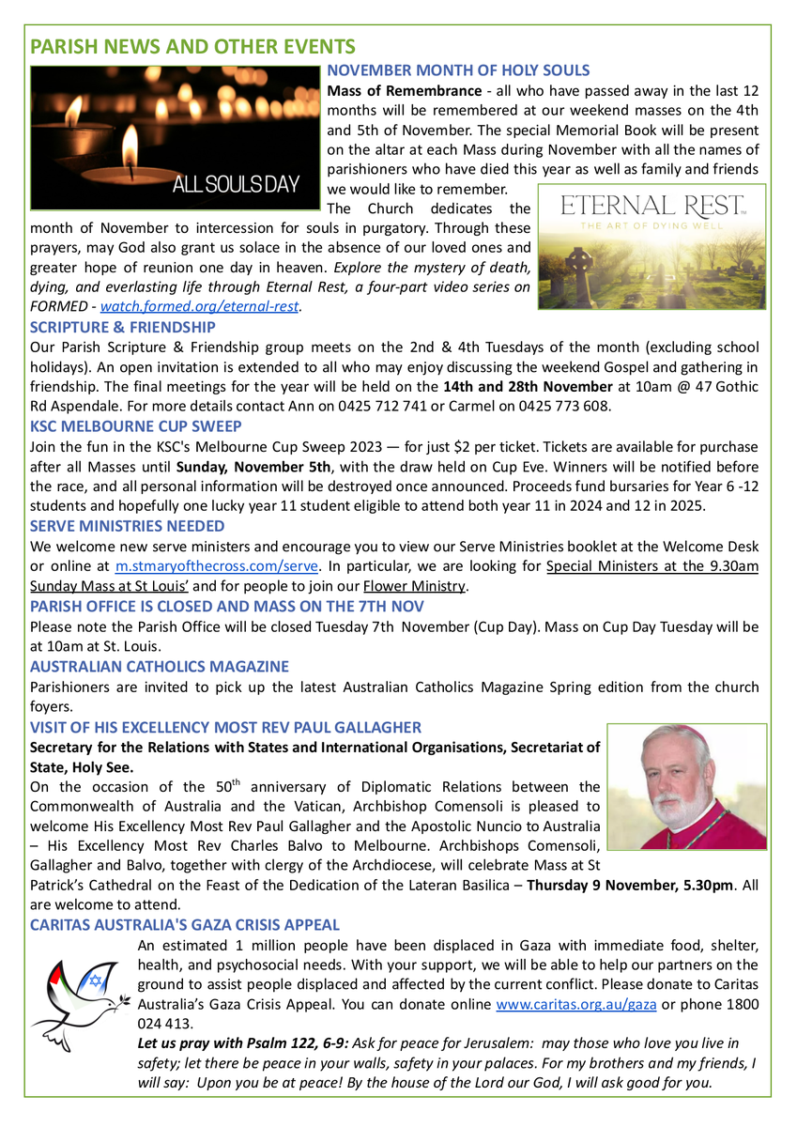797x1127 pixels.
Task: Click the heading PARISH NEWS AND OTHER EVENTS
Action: (192, 46)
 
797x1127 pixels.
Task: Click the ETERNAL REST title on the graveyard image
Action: (651, 205)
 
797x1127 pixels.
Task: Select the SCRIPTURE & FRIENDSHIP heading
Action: (123, 328)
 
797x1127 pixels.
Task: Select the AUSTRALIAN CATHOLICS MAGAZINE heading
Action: (160, 666)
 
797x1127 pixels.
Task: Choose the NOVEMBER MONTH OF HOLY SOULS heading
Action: (458, 70)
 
